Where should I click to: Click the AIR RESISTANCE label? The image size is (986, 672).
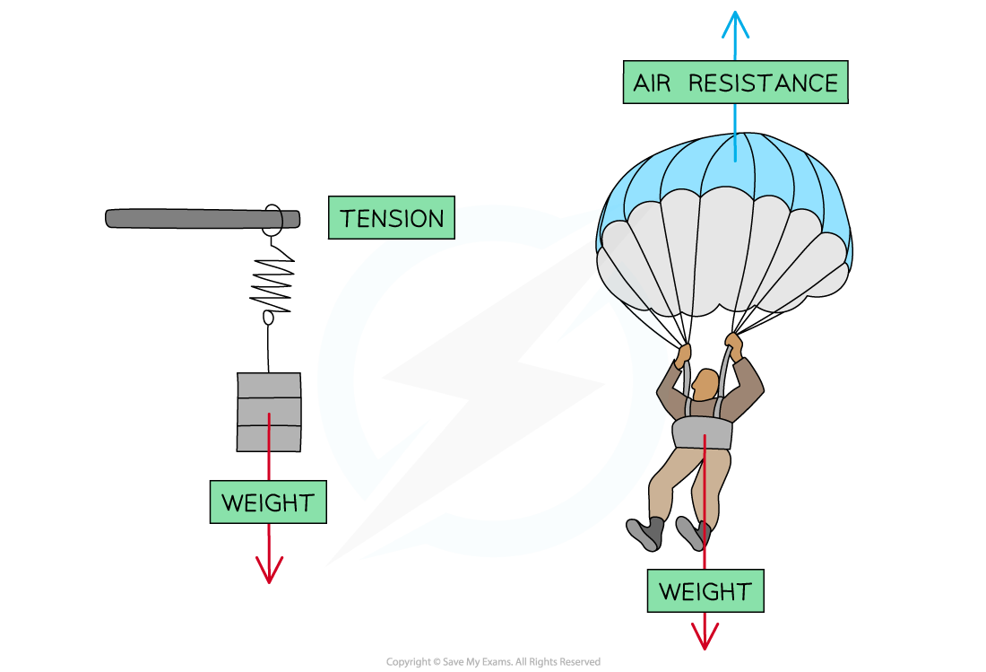(x=735, y=83)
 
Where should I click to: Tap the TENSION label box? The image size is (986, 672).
(x=392, y=219)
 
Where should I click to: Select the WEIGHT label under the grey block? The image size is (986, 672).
(x=268, y=502)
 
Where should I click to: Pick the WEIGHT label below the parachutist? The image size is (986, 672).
(x=705, y=591)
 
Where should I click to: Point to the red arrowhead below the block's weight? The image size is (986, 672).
(x=269, y=571)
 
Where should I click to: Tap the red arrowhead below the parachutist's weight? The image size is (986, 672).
(x=705, y=637)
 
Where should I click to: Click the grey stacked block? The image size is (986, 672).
(x=269, y=412)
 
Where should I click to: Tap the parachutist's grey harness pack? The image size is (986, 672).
(x=703, y=432)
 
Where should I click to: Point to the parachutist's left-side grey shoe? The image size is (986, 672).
(x=646, y=533)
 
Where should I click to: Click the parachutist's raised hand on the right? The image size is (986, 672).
(x=734, y=345)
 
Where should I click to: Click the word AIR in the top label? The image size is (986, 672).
(x=653, y=83)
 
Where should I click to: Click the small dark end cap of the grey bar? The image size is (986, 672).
(x=290, y=219)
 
